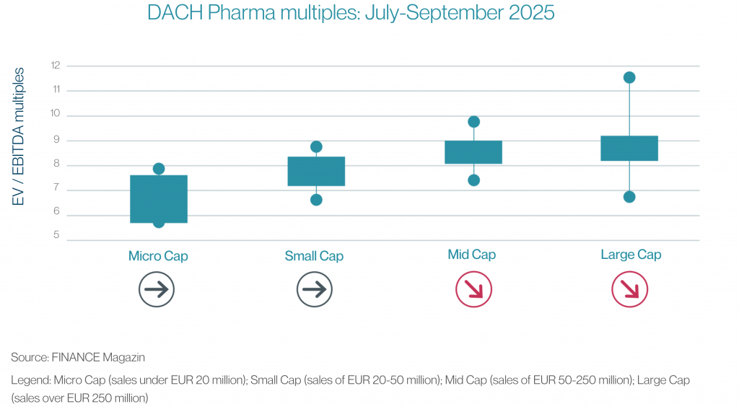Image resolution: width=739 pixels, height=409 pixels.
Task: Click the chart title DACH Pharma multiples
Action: tap(351, 14)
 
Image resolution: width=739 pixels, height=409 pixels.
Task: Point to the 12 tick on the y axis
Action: tap(56, 66)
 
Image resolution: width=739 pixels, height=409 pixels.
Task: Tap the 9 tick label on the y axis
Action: tap(56, 141)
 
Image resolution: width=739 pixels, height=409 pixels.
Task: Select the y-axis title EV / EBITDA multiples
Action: tap(19, 136)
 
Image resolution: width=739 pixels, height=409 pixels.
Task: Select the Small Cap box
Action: tap(316, 171)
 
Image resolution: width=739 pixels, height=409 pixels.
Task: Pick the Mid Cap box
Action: tap(473, 152)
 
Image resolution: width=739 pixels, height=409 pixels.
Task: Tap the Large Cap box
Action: tap(629, 148)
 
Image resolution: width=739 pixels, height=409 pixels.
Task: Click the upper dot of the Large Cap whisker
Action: tap(629, 78)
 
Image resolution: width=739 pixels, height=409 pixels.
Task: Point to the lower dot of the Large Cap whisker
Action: tap(629, 197)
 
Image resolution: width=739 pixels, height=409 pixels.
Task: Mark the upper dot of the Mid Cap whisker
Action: tap(473, 122)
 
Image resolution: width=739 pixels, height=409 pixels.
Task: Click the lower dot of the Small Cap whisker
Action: tap(316, 200)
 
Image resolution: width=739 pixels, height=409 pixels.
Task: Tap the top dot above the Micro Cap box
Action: tap(158, 169)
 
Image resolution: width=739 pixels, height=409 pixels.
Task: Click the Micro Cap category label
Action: tap(158, 256)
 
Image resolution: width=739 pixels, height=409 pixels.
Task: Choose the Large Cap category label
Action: tap(631, 255)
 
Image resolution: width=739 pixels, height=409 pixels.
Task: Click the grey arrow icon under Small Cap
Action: tap(315, 290)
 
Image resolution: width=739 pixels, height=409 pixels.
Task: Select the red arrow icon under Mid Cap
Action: tap(473, 290)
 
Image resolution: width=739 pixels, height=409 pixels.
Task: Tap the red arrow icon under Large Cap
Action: tap(629, 290)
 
